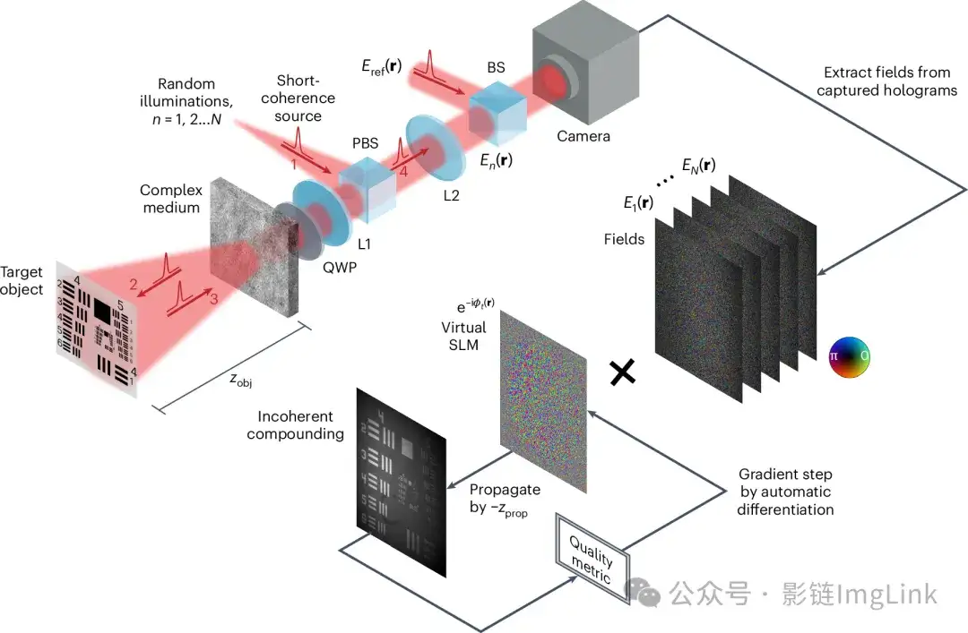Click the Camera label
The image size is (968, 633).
click(x=583, y=136)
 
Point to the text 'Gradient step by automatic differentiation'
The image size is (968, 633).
click(x=785, y=492)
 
